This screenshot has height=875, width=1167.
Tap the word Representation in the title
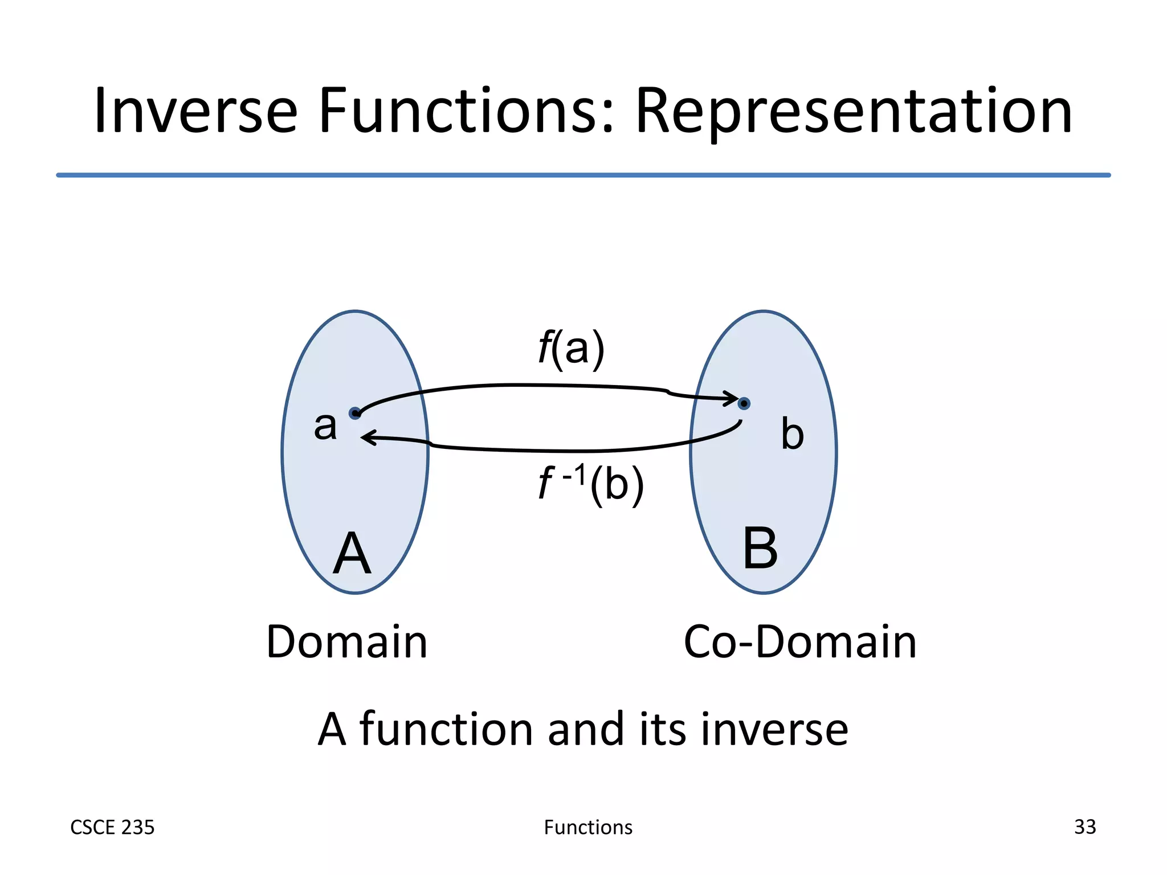tap(853, 113)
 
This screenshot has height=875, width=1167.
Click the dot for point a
tap(355, 413)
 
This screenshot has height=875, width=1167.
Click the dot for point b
tap(744, 403)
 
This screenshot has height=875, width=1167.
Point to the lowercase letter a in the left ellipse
tap(325, 426)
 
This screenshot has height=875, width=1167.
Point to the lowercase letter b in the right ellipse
tap(792, 434)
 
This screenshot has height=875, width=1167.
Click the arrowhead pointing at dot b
tap(732, 398)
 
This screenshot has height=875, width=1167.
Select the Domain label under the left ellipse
tap(346, 642)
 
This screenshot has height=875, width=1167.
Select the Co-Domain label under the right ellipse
tap(799, 642)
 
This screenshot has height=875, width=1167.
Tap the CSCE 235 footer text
tap(112, 827)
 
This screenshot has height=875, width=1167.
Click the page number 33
tap(1084, 827)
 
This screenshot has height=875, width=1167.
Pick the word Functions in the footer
tap(588, 827)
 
